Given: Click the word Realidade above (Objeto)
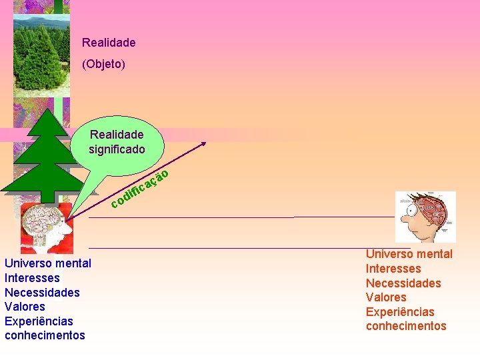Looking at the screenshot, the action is point(109,43).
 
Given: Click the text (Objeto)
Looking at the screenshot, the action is point(103,65).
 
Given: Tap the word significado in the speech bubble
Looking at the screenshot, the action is point(117,149).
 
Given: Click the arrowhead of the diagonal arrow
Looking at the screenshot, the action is point(204,144).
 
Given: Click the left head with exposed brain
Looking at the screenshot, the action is point(43,227).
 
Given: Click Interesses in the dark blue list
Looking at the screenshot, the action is point(32,278).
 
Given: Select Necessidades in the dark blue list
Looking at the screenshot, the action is point(42,293).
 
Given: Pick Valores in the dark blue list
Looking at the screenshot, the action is point(25,307).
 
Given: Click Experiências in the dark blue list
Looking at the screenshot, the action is point(39,321).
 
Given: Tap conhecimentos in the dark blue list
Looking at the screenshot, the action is point(45,335).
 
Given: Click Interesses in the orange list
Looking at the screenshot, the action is point(393,269).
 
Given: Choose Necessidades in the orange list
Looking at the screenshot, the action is point(403,283).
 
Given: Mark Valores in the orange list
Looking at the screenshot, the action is point(386,297).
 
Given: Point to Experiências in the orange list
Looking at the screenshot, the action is point(400,312).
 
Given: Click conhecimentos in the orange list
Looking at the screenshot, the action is point(406,326).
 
